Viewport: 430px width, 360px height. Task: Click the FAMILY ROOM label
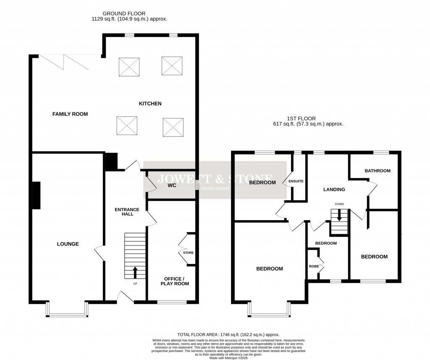[70, 114]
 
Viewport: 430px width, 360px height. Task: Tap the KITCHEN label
[150, 104]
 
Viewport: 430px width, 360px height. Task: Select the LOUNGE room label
[68, 244]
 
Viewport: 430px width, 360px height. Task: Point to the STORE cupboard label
[188, 253]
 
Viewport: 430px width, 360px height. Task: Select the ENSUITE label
[299, 181]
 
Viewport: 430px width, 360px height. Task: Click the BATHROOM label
[378, 171]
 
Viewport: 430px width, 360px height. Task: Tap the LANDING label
[334, 190]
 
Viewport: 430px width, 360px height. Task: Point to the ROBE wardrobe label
[313, 266]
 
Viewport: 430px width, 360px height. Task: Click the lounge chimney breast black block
[37, 195]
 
